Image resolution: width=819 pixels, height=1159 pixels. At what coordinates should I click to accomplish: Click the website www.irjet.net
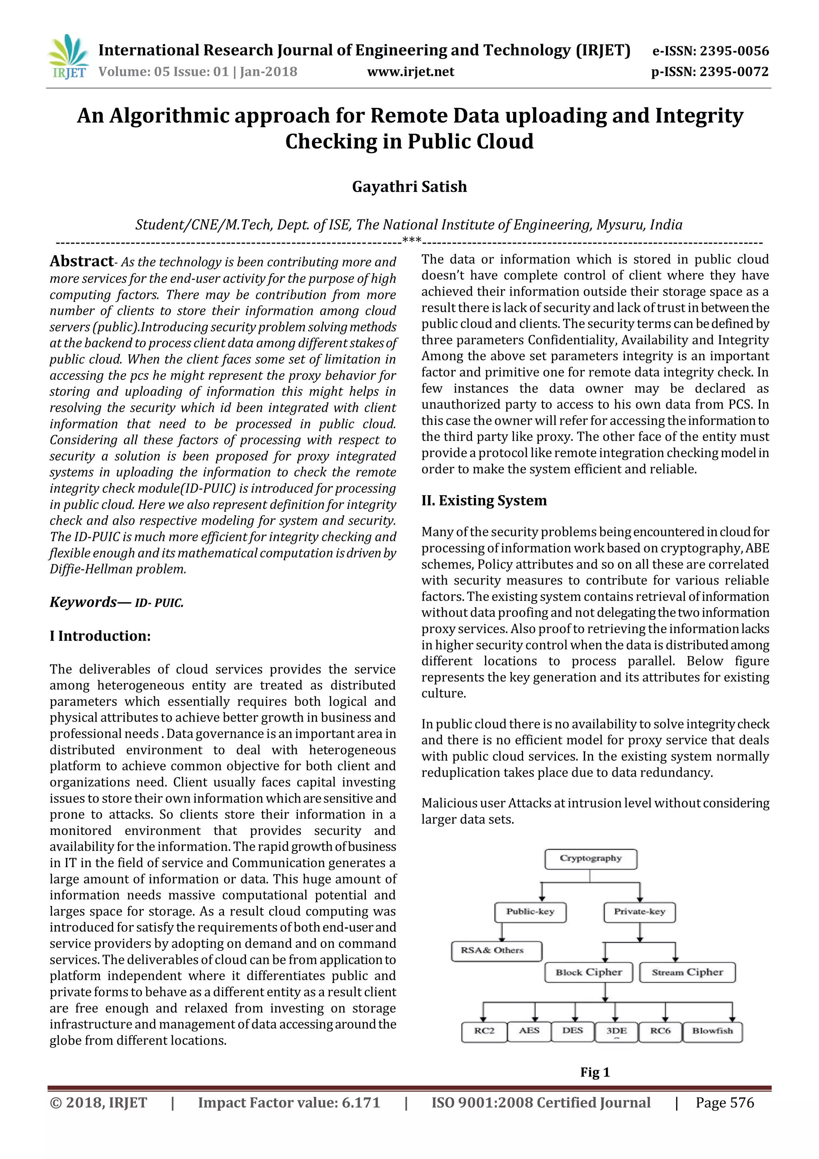[x=410, y=72]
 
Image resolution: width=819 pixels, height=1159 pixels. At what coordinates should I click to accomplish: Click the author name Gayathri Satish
[x=409, y=187]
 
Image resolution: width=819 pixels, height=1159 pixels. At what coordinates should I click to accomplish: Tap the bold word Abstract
[x=82, y=261]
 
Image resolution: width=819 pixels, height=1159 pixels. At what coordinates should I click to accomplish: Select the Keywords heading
[x=83, y=602]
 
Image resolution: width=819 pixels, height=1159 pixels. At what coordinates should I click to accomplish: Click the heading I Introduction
[x=100, y=635]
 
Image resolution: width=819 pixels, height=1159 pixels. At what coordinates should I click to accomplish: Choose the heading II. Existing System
[x=484, y=500]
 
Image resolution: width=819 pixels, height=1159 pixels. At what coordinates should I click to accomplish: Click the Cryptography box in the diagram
[x=590, y=859]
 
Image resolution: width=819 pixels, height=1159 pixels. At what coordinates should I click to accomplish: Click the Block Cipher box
[x=588, y=972]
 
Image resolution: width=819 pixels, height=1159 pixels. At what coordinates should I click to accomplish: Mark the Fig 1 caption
[x=595, y=1072]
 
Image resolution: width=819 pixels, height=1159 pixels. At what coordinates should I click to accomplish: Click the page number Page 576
[x=724, y=1103]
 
